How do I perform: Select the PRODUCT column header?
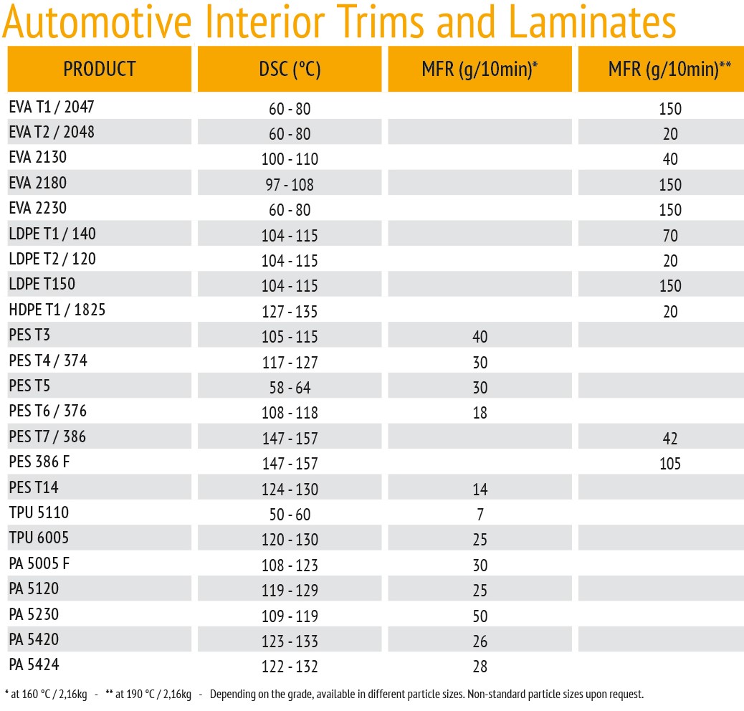(100, 70)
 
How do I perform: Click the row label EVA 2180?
(37, 183)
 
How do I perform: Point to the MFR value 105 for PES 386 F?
(669, 464)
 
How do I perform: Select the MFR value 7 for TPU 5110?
(480, 515)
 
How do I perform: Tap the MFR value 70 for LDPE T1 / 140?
(669, 235)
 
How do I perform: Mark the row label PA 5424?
(34, 664)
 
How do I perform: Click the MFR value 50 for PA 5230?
(480, 616)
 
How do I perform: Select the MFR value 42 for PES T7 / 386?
(669, 439)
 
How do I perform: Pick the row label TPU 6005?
(39, 538)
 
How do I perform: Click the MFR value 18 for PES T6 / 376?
(480, 413)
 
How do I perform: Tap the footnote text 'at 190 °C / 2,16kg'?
(150, 695)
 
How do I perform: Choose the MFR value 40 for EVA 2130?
(669, 159)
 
